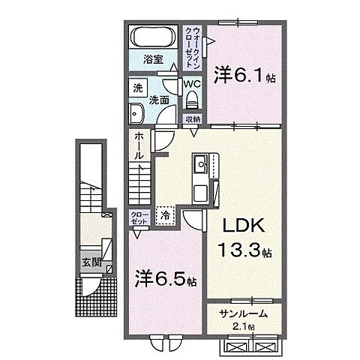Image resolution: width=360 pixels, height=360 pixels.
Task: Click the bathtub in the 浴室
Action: point(153,38)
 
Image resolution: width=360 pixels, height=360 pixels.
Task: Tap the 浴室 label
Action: point(153,60)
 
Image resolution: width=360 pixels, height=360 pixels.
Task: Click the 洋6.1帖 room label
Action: point(241,75)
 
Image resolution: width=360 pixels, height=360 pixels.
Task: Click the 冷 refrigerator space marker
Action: point(166,214)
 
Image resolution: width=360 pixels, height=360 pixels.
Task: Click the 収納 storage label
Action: point(193,118)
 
